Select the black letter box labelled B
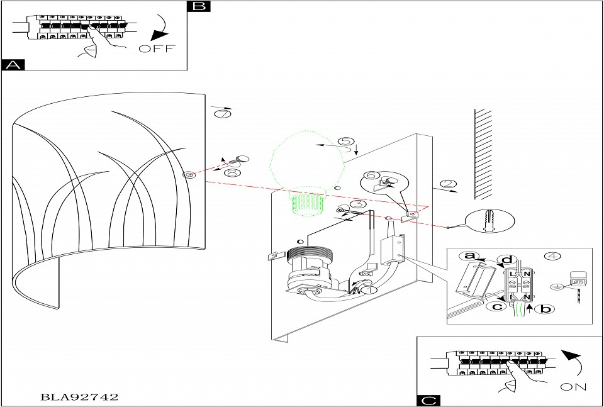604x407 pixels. pos(199,6)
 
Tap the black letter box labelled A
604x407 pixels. pos(13,65)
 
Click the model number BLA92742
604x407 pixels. pos(79,397)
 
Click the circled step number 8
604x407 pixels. pos(232,172)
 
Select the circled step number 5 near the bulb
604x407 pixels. pos(346,142)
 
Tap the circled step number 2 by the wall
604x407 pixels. pos(447,184)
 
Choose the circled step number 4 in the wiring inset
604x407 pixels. pos(552,256)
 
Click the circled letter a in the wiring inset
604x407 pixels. pos(467,255)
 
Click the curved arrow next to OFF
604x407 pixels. pos(160,28)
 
